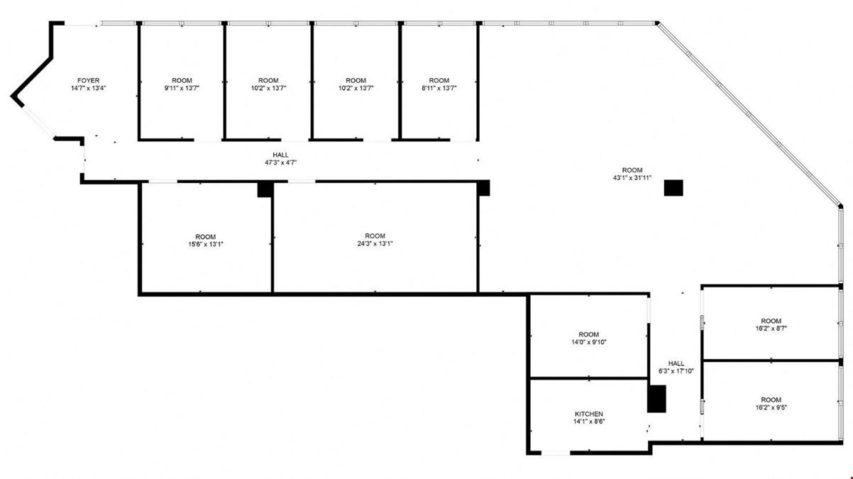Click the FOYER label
(88, 80)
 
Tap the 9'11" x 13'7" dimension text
(182, 88)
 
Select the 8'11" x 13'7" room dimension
(439, 88)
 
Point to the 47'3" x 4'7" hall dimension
(280, 163)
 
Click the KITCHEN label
(589, 414)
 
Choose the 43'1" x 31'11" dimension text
(632, 178)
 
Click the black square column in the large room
(673, 188)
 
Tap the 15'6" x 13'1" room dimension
(206, 244)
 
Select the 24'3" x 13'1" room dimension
(375, 243)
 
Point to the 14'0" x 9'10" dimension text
(589, 342)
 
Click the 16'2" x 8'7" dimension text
(771, 329)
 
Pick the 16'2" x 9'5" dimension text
(771, 407)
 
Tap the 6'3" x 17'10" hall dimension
(676, 371)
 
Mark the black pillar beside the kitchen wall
(657, 399)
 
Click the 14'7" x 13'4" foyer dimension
(88, 88)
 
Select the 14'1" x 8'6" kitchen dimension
(589, 422)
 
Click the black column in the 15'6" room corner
(265, 189)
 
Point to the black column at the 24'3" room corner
(483, 188)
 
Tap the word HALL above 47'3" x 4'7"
(280, 155)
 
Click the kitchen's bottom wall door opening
(556, 453)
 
